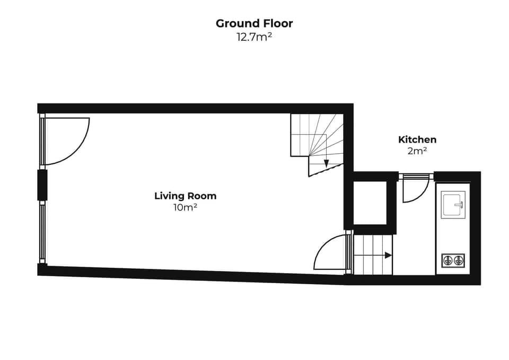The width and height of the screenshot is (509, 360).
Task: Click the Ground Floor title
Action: pyautogui.click(x=254, y=23)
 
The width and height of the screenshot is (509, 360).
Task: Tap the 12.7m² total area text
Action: pyautogui.click(x=254, y=37)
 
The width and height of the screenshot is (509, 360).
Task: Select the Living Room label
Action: pyautogui.click(x=185, y=196)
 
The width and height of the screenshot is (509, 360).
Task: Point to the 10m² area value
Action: pyautogui.click(x=185, y=207)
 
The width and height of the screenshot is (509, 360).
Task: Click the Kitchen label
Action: pyautogui.click(x=417, y=139)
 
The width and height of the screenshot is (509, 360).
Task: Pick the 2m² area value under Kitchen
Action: pyautogui.click(x=417, y=151)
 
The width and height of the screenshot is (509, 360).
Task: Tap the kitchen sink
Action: pyautogui.click(x=454, y=204)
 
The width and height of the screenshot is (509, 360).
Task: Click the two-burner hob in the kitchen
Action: pyautogui.click(x=453, y=260)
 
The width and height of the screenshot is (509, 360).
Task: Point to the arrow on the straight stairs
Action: pyautogui.click(x=388, y=255)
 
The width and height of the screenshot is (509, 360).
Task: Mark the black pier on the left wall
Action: pyautogui.click(x=42, y=185)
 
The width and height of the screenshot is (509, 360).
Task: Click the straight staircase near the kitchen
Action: pyautogui.click(x=373, y=255)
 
